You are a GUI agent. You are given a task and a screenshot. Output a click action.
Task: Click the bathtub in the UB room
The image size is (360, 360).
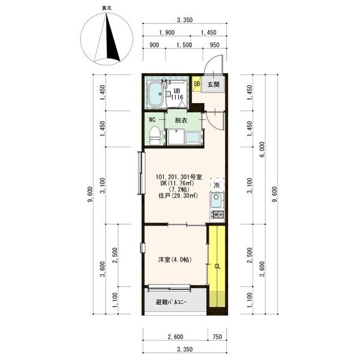point(156,94)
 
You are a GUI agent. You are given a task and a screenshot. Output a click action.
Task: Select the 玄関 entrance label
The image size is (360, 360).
point(214,84)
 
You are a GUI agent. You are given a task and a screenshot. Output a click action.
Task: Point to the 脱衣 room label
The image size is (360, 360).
point(181,121)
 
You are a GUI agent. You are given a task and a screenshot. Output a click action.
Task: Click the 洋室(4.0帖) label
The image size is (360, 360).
point(175,260)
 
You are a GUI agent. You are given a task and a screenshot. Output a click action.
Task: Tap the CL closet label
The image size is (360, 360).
point(217,266)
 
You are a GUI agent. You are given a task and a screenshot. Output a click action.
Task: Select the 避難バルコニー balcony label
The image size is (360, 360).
point(171,302)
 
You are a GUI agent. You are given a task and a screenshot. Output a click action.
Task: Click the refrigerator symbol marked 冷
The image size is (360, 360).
point(217,185)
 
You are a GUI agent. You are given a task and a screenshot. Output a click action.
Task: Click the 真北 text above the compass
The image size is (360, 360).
point(107,8)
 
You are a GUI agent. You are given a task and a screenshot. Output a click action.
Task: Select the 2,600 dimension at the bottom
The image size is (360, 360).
point(175,337)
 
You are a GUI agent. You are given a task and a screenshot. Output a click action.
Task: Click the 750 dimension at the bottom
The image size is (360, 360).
point(217,337)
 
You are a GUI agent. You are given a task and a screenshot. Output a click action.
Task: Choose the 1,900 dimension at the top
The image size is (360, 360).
point(167,32)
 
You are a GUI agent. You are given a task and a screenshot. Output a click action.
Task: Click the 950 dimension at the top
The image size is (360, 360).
point(215,45)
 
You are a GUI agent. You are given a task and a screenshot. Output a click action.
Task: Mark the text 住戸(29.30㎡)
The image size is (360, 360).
point(178,196)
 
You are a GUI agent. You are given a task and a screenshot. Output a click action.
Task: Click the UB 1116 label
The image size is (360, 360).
point(177,94)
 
